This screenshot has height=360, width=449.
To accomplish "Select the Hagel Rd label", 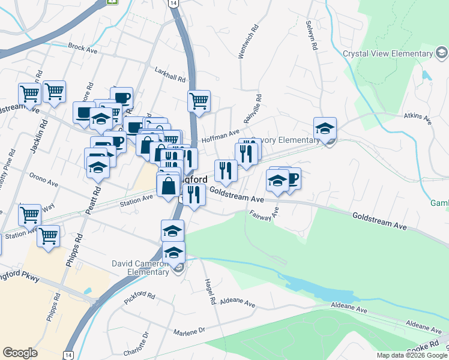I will [x=211, y=293].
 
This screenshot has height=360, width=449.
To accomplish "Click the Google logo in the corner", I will [x=20, y=353].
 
